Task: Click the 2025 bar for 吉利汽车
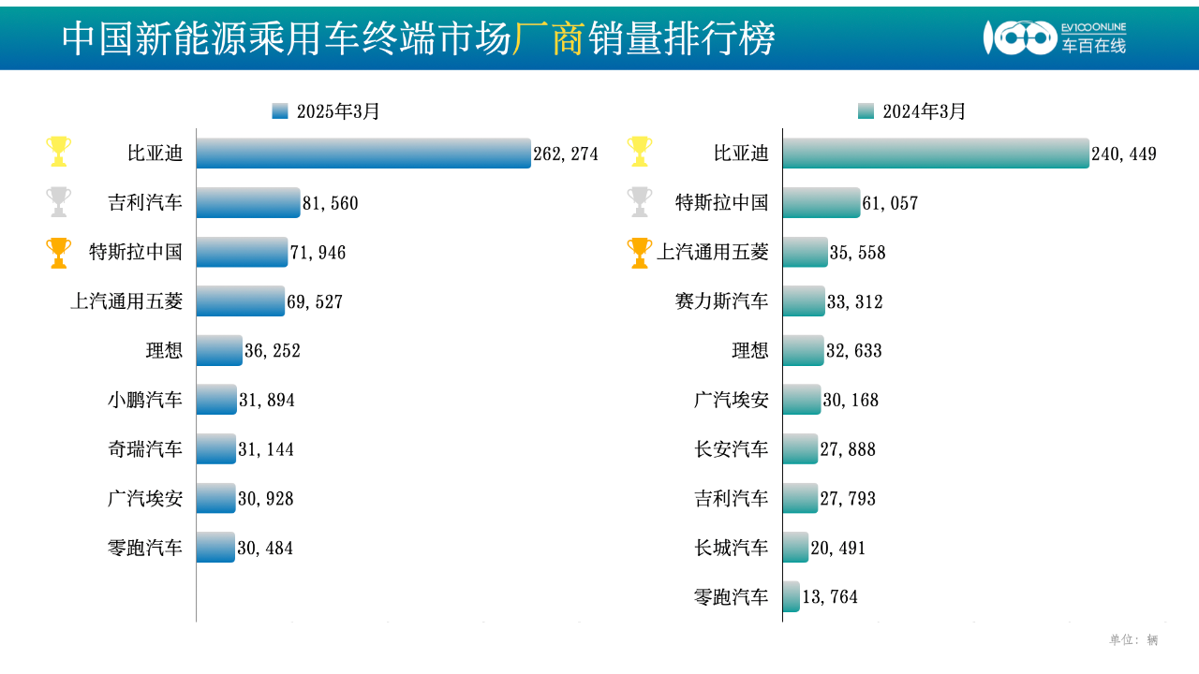point(248,203)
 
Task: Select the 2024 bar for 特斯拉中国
point(821,203)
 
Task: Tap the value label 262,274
point(566,154)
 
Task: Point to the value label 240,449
point(1124,154)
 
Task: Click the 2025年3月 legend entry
point(326,111)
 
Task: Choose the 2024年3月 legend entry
point(911,111)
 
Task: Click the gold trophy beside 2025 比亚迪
point(59,151)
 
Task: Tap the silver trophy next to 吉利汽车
point(59,201)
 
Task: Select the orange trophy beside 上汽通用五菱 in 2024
point(640,253)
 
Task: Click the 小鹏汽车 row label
point(145,400)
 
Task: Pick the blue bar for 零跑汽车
point(215,548)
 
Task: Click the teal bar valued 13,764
point(792,596)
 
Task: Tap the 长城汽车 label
point(731,548)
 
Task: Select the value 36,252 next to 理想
point(273,351)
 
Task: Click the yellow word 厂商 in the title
point(550,38)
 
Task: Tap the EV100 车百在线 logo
point(1054,37)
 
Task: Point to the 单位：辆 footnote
point(1133,640)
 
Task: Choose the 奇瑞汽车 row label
point(145,449)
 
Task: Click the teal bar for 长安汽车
point(800,449)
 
